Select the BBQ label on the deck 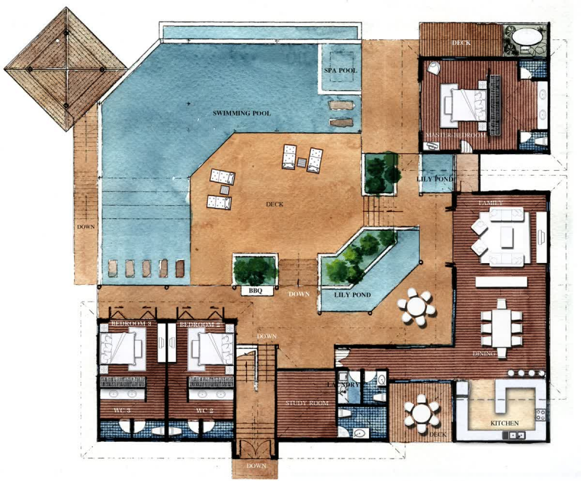(x=256, y=291)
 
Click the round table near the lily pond (x=417, y=307)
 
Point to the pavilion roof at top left (x=65, y=69)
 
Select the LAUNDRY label (x=344, y=384)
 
